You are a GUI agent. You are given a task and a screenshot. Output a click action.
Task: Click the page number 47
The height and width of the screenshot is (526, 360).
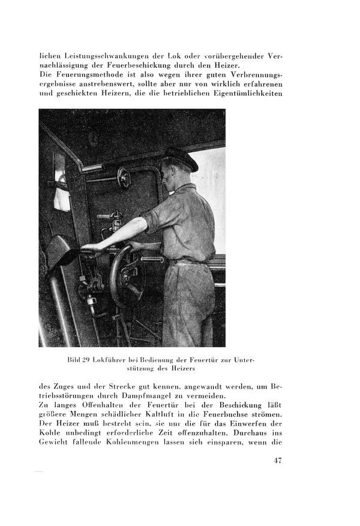point(276,460)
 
